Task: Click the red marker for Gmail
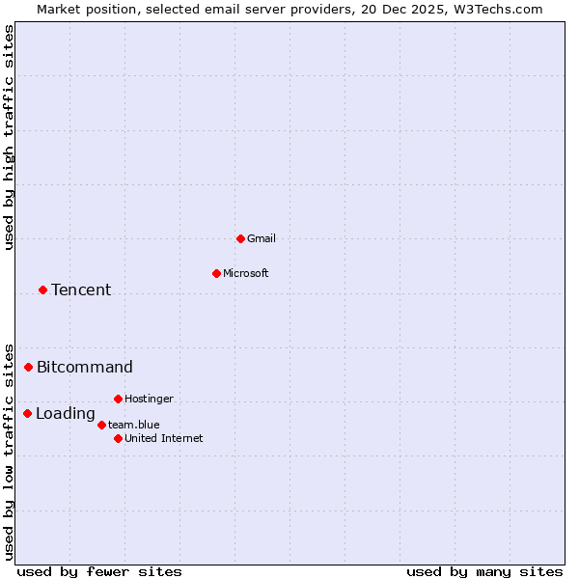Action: tap(240, 238)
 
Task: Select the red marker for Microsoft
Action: tap(216, 273)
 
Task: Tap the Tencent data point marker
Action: tap(42, 289)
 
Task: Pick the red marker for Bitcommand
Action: tap(28, 367)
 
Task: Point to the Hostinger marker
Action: tap(118, 399)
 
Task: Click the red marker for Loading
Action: tap(27, 413)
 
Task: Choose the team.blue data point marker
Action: tap(101, 425)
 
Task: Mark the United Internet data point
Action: tap(118, 438)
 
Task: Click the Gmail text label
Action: tap(262, 238)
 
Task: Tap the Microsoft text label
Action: tap(246, 273)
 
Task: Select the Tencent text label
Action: tap(81, 289)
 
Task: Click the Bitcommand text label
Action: tap(85, 367)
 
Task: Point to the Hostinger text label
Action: tap(150, 399)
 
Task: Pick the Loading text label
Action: tap(66, 414)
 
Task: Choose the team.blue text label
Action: tap(134, 425)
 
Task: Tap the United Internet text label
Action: tap(164, 438)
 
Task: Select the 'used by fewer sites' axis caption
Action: tap(99, 571)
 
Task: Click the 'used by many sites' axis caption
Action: tap(484, 571)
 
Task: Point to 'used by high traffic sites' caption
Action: tap(9, 137)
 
